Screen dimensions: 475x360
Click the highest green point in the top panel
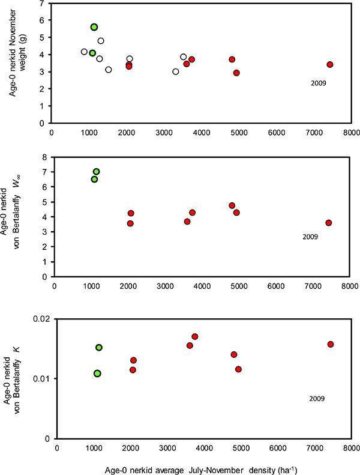point(94,27)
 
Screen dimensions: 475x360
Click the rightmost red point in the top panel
point(330,64)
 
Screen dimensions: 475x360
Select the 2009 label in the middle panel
point(310,237)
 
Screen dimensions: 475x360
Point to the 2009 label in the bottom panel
point(317,398)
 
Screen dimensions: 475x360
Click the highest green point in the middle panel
point(96,172)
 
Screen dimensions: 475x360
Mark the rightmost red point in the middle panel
point(328,223)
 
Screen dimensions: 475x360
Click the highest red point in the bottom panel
point(195,336)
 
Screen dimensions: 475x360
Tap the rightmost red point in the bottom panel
point(331,344)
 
